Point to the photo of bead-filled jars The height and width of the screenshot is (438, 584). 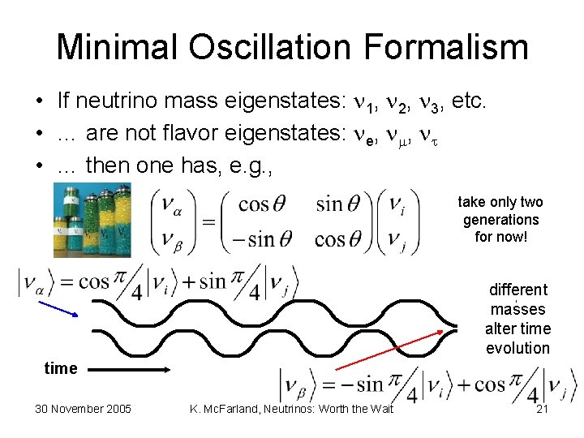click(x=91, y=219)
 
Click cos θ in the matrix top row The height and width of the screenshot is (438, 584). click(x=264, y=204)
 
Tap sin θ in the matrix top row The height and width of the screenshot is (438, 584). click(x=341, y=204)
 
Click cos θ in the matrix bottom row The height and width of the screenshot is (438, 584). click(x=341, y=239)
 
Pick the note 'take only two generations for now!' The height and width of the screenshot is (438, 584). click(x=500, y=220)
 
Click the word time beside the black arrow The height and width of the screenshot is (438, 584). click(x=60, y=368)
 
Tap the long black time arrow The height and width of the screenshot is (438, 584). click(x=127, y=369)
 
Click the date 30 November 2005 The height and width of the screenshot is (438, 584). click(x=83, y=408)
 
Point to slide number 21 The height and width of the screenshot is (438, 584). click(x=543, y=408)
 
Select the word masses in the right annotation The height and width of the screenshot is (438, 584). click(x=517, y=309)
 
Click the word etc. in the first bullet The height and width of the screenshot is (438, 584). click(x=470, y=101)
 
